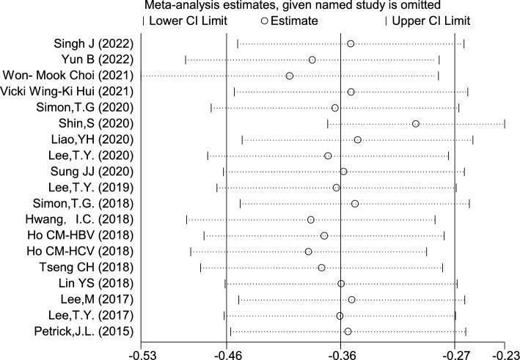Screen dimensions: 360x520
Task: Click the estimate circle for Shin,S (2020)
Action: [416, 123]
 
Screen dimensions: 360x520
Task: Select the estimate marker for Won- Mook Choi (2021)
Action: [290, 76]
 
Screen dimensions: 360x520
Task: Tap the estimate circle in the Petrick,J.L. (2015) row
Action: [348, 331]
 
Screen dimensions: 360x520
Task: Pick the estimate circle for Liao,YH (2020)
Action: [358, 139]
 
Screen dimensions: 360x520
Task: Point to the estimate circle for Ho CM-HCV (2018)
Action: [308, 251]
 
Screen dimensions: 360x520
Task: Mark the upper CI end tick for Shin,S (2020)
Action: [505, 123]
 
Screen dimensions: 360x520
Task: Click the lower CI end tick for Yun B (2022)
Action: [186, 59]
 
